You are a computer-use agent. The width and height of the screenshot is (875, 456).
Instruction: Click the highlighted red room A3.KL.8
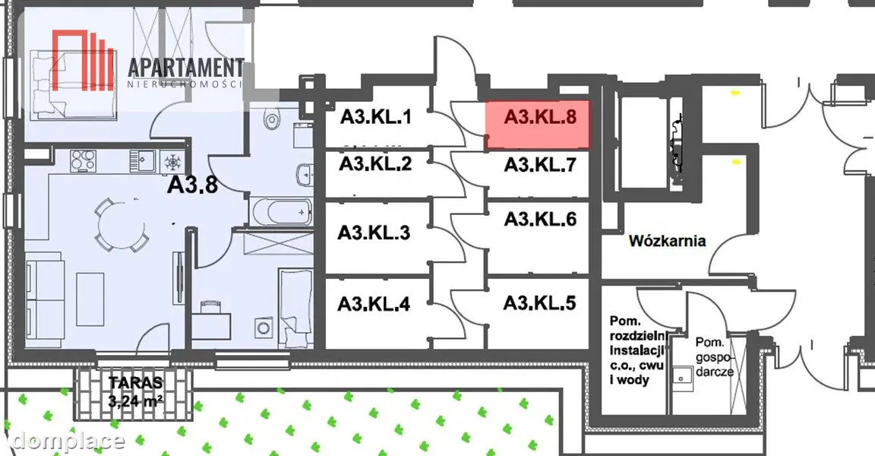[x=538, y=125]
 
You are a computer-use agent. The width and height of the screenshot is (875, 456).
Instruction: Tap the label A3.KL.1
[x=375, y=117]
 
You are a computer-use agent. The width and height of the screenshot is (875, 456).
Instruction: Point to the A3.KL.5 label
[x=539, y=303]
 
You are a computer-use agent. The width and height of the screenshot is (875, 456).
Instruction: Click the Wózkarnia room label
[x=668, y=241]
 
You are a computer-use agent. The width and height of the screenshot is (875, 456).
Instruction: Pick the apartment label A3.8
[x=192, y=184]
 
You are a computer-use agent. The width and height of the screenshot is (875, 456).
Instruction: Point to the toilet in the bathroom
[x=273, y=118]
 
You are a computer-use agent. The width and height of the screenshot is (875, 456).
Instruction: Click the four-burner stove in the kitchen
[x=84, y=161]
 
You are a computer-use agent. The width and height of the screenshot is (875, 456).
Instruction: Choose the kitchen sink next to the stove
[x=144, y=161]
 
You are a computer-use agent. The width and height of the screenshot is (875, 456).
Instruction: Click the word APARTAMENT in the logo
[x=186, y=68]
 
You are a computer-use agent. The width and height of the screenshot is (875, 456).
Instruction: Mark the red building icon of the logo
[x=83, y=60]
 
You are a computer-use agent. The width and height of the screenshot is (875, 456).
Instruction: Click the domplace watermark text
[x=68, y=441]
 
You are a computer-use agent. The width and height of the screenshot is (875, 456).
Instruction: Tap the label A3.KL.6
[x=540, y=219]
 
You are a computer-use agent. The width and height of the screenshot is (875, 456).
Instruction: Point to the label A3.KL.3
[x=374, y=233]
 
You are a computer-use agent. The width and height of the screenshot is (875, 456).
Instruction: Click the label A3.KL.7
[x=539, y=165]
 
